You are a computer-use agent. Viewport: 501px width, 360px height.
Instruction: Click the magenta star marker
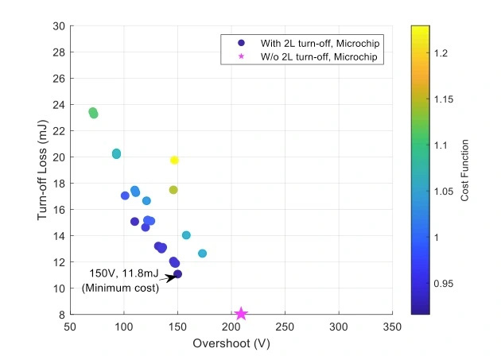tap(241, 314)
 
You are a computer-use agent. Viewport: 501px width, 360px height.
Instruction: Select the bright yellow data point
tap(174, 161)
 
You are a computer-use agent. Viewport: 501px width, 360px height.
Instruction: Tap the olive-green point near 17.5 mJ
tap(173, 190)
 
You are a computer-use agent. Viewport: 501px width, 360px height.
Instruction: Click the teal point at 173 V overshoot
tap(202, 254)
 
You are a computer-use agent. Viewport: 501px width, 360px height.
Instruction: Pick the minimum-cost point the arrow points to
tap(177, 274)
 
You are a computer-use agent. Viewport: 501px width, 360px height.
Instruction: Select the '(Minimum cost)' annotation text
tap(121, 288)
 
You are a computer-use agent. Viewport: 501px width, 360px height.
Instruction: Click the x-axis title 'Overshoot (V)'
tap(231, 344)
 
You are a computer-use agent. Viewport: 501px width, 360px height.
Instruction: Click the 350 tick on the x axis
tap(392, 327)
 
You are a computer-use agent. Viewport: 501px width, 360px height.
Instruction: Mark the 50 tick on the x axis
tap(70, 327)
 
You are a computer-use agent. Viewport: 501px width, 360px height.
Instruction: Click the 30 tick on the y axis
tap(60, 25)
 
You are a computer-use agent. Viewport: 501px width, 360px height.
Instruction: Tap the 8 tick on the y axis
tap(62, 315)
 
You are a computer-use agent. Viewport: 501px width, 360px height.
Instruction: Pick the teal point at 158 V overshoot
tap(186, 235)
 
